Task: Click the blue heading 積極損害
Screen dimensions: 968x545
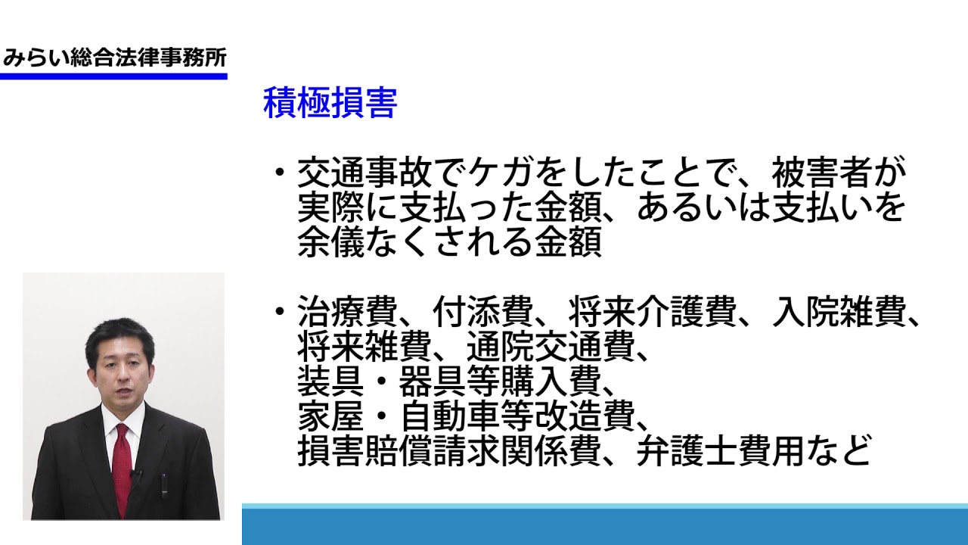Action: click(x=330, y=103)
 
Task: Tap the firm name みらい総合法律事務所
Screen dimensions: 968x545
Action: click(x=114, y=58)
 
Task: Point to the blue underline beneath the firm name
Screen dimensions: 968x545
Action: click(x=113, y=76)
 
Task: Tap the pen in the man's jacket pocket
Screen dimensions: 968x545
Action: click(x=164, y=485)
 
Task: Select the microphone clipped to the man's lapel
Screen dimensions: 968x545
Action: click(x=135, y=474)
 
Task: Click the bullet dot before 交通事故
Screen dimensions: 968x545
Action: click(x=280, y=172)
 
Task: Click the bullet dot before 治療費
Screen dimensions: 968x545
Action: click(x=280, y=310)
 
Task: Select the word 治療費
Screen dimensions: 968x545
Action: click(x=348, y=311)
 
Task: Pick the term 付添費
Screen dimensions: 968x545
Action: click(x=483, y=311)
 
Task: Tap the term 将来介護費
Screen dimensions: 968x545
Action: click(x=653, y=311)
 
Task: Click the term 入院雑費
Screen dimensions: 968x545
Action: click(x=839, y=311)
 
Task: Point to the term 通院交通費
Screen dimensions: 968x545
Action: click(x=551, y=346)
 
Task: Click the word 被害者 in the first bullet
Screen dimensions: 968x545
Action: click(x=821, y=173)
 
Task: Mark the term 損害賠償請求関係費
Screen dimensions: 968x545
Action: click(x=449, y=450)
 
